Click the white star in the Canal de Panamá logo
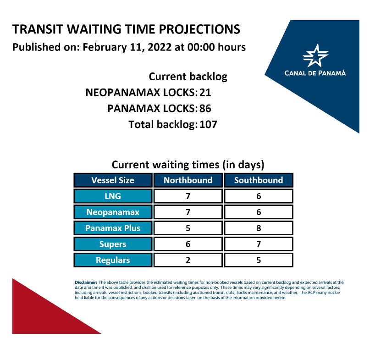pos(315,55)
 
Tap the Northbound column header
pos(188,180)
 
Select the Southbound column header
pos(259,180)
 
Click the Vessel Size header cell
pos(113,180)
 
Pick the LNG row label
pos(113,196)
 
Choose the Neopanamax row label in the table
pos(113,212)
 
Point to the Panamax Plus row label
pos(113,228)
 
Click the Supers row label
pos(113,244)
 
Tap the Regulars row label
pos(113,260)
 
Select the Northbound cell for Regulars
pos(188,260)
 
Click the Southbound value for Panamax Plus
pos(259,228)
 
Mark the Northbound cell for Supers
pos(188,244)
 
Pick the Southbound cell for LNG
pos(259,196)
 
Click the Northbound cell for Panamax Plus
pos(188,228)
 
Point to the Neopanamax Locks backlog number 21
pos(205,93)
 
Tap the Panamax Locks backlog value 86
pos(205,108)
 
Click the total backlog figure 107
pos(208,124)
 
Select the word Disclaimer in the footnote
pos(86,282)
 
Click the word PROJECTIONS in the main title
pos(199,29)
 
